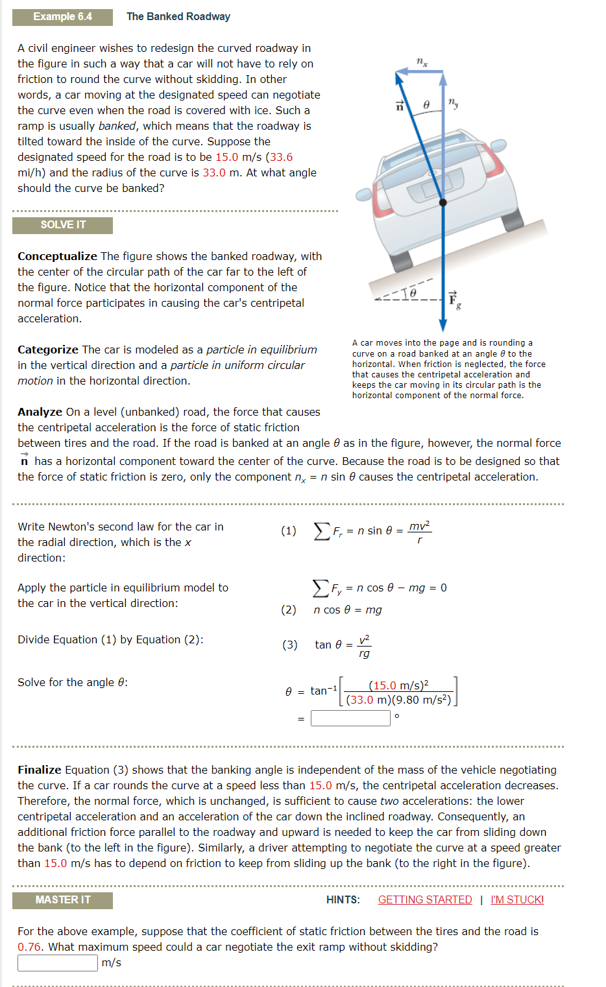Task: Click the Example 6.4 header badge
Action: click(x=62, y=17)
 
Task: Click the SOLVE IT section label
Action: click(x=62, y=225)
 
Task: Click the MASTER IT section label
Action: click(x=62, y=900)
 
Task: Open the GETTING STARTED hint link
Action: click(x=424, y=899)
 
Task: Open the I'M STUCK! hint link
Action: click(x=517, y=899)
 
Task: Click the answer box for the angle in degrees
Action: click(x=350, y=718)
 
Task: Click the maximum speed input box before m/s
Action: click(x=57, y=963)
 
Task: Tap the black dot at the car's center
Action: click(x=443, y=202)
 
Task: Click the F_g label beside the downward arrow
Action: click(x=454, y=300)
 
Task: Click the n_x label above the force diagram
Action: click(x=422, y=62)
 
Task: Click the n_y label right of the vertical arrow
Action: click(x=453, y=102)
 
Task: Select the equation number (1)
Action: click(x=288, y=530)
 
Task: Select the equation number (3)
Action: click(x=289, y=645)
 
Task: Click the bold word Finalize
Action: click(x=39, y=770)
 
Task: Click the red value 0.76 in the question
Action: click(x=30, y=947)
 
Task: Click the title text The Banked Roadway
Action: click(x=178, y=17)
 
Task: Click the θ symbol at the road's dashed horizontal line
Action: click(x=413, y=293)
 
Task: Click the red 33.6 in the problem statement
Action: click(x=281, y=157)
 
